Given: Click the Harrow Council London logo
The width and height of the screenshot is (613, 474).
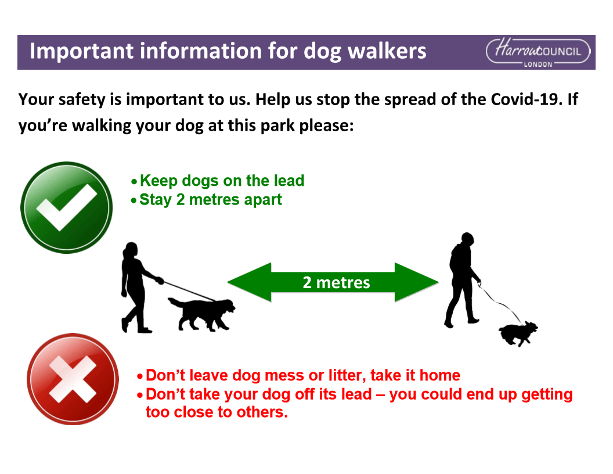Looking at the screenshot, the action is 538,53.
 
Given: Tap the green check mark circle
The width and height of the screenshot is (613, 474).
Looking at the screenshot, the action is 66,207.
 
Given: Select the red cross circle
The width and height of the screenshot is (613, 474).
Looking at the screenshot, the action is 73,379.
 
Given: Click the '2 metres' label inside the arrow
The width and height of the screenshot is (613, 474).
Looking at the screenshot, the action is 336,282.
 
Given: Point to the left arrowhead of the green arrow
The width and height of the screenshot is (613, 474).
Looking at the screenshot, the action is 249,282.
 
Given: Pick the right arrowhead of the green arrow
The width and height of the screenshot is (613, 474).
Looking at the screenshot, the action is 417,282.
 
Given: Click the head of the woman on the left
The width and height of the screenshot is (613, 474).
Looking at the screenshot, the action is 131,250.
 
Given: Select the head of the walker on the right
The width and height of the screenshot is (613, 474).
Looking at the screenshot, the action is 467,239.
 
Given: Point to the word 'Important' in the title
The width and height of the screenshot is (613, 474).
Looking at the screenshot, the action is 82,51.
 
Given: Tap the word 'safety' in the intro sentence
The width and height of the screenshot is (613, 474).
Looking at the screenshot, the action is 82,100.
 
